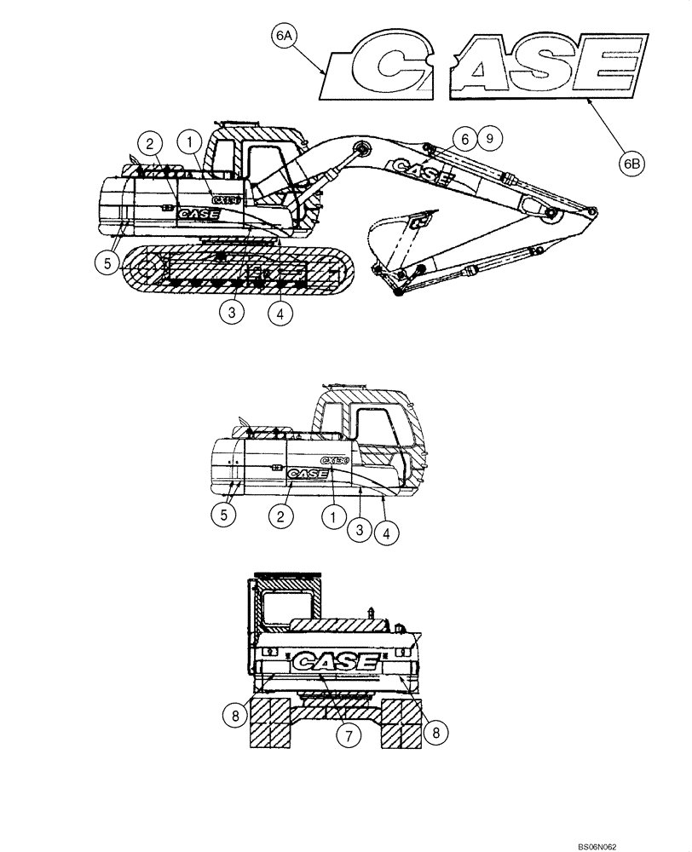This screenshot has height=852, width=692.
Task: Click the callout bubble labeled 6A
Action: (x=284, y=37)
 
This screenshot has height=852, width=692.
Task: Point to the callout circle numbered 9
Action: (x=488, y=136)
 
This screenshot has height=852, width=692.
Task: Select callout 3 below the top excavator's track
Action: (x=230, y=312)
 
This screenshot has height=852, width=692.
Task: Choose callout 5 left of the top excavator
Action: (x=107, y=263)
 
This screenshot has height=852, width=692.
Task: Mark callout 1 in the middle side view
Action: (x=332, y=515)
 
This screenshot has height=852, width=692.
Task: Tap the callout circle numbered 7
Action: (x=348, y=734)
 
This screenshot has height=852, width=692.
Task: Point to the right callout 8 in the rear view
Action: (x=435, y=730)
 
